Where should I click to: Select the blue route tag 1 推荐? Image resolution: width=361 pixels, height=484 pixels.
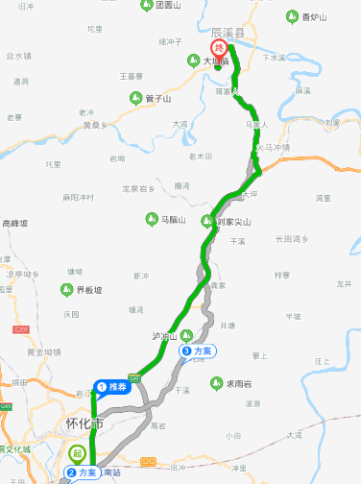click(112, 388)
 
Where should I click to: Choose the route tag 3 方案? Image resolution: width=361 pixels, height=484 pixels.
click(197, 351)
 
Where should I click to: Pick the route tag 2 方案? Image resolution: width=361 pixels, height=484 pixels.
click(83, 472)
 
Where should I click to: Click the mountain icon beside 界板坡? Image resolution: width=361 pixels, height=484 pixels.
click(68, 289)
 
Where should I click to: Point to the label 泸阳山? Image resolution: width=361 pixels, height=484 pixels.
click(165, 336)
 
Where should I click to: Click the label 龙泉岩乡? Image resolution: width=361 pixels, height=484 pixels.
click(137, 189)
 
